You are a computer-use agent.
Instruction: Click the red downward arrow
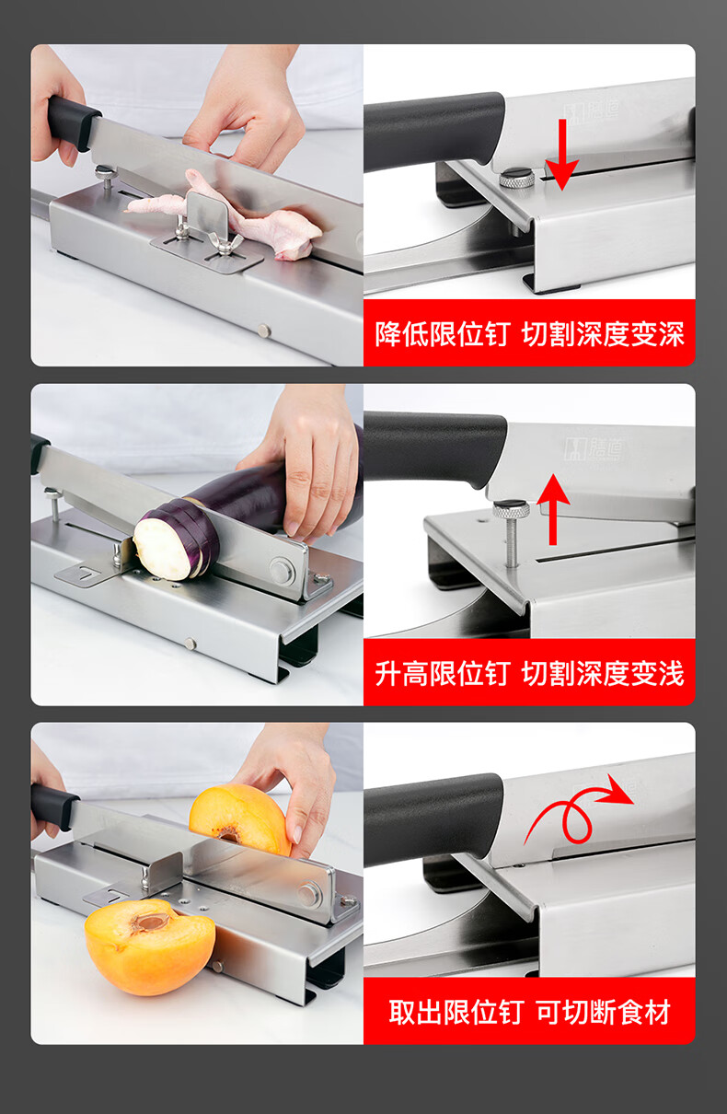click(562, 154)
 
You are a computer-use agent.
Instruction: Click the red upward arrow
click(553, 510)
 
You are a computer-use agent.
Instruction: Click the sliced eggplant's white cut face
click(163, 549)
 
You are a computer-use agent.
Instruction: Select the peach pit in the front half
click(151, 923)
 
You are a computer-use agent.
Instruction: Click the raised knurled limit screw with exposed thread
click(511, 533)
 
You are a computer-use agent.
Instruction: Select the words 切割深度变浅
click(603, 674)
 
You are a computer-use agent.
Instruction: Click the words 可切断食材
click(604, 1012)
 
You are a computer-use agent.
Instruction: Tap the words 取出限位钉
click(456, 1012)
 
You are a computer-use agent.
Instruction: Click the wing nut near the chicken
click(225, 243)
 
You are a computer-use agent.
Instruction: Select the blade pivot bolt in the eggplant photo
click(281, 569)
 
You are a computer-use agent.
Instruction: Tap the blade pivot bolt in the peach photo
click(309, 894)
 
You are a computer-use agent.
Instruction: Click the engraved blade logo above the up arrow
click(594, 448)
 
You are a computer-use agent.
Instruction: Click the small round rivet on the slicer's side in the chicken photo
click(264, 330)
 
